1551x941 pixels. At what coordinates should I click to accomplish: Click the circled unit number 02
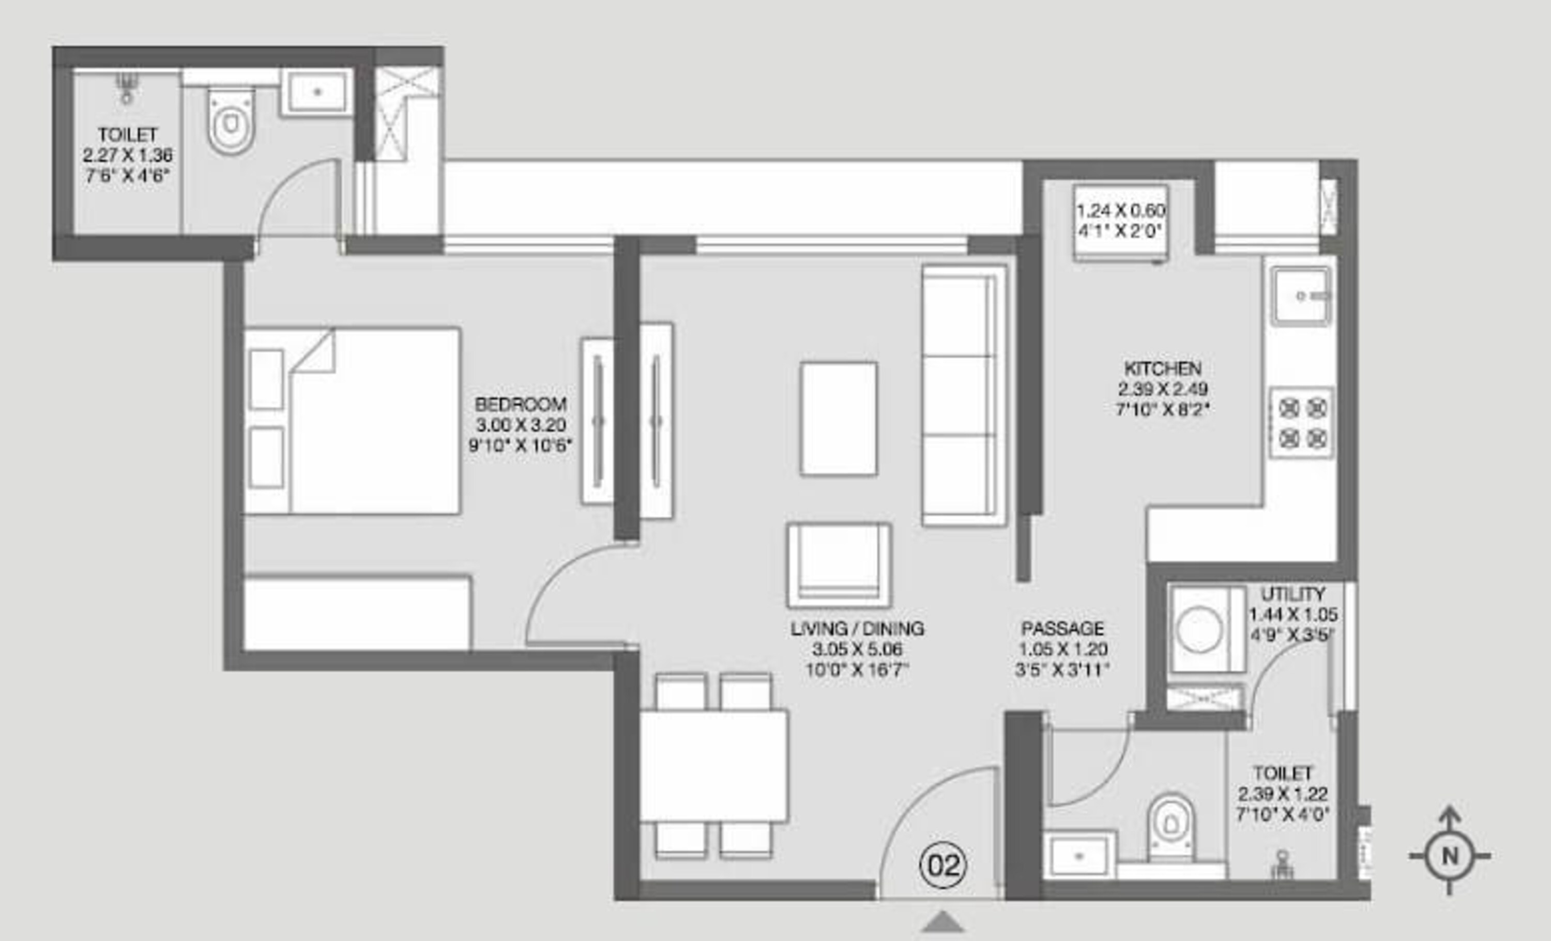[x=942, y=866]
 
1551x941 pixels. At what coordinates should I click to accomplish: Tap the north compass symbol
[x=1450, y=855]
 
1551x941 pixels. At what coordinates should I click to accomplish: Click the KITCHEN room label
[x=1163, y=368]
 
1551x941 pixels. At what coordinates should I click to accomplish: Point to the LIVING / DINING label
[x=857, y=628]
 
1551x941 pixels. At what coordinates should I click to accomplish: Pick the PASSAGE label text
[x=1062, y=628]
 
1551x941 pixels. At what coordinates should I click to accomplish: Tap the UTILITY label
[x=1293, y=594]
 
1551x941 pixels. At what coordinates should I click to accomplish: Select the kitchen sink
[x=1300, y=296]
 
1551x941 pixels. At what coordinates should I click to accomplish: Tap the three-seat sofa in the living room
[x=964, y=395]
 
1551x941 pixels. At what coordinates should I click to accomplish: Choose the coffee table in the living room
[x=839, y=419]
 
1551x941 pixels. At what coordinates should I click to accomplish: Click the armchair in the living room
[x=839, y=565]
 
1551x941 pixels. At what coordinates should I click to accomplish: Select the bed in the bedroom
[x=353, y=421]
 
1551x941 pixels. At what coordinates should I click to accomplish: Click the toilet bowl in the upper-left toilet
[x=231, y=122]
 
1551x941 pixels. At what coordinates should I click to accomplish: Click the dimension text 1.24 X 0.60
[x=1121, y=210]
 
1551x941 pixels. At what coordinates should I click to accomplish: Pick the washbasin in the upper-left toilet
[x=316, y=92]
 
